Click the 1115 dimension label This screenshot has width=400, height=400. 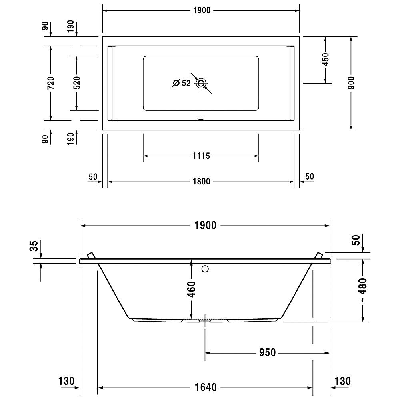pos(201,156)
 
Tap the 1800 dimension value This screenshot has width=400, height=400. pos(201,182)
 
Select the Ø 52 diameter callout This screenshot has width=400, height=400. pos(181,83)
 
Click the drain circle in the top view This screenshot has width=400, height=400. pos(201,83)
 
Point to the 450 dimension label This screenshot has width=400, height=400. pos(326,59)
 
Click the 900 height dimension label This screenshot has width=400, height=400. pos(351,83)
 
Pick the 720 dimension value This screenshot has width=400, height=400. pos(51,83)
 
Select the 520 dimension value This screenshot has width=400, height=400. pos(76,83)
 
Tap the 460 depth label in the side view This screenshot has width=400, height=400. pos(191,289)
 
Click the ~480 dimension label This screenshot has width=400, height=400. pos(363,290)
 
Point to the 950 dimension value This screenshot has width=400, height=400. pos(267,352)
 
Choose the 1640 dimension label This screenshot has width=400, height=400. pos(206,388)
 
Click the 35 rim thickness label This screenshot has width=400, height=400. pos(34,246)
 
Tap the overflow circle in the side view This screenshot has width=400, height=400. pos(205,269)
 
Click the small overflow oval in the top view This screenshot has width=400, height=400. pos(201,118)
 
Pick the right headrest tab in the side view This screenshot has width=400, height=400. pos(319,256)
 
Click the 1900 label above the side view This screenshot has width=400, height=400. pos(205,226)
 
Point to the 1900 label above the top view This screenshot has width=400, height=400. pos(202,10)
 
